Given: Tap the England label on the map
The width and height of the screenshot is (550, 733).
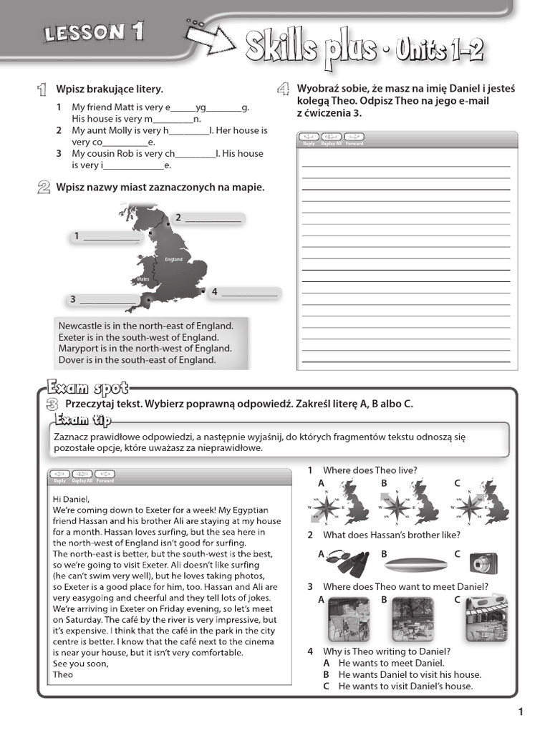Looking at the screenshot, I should tap(173, 259).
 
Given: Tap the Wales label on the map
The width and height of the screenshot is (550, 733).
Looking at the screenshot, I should tap(142, 278).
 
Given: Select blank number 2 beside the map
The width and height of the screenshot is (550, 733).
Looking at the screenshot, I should tap(213, 218).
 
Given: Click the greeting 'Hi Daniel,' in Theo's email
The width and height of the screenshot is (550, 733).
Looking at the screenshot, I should tap(72, 498).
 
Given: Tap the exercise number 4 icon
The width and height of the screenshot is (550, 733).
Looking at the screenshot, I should tap(284, 89).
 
